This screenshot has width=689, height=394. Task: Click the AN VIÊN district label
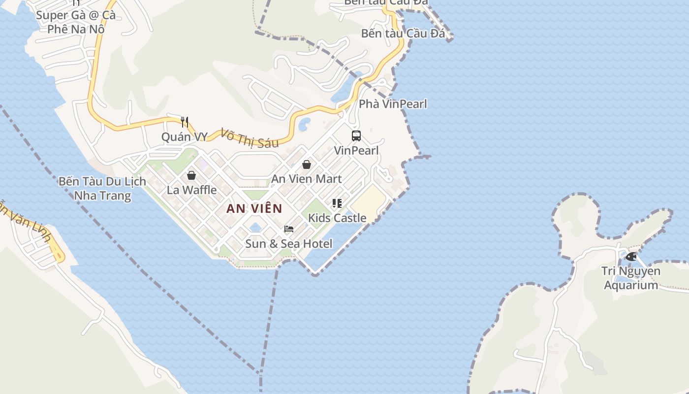point(254,208)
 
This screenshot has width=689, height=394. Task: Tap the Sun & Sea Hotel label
point(289,243)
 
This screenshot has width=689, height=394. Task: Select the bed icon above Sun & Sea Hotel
point(289,229)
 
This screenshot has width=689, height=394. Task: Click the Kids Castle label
point(337,218)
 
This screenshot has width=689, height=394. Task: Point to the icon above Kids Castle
point(337,203)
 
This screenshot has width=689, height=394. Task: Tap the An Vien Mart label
point(307,179)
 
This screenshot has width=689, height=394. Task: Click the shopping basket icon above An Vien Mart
point(307,164)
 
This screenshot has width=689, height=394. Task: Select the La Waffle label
point(191,190)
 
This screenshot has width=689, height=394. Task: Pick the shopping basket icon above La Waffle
point(191,175)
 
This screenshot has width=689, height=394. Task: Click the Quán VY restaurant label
point(185,136)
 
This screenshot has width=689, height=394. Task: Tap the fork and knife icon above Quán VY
point(185,122)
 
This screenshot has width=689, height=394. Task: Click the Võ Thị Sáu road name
point(250,138)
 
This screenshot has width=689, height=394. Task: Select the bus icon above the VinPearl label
point(356,136)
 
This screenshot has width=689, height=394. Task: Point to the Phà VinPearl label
point(393,104)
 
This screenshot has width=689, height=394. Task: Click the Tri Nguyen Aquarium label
point(631,278)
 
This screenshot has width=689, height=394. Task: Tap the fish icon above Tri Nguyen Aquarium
point(631,257)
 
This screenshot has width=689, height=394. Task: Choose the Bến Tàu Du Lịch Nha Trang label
point(102,188)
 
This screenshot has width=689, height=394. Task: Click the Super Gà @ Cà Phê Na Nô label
point(76,22)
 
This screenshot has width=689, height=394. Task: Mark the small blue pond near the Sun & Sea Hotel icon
point(255,227)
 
